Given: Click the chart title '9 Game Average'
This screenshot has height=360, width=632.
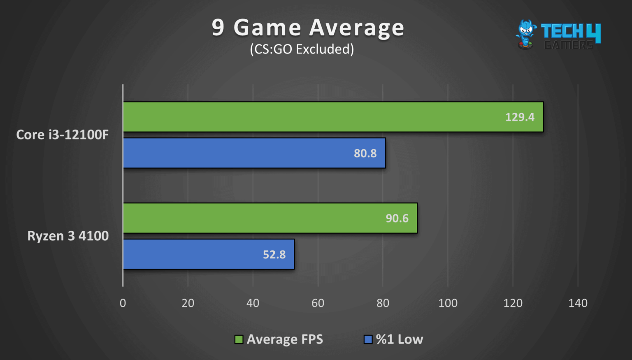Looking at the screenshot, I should [308, 28].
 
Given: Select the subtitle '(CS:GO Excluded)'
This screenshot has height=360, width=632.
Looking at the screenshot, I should [302, 49].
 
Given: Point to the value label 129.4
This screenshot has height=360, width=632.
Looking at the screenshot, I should [520, 117].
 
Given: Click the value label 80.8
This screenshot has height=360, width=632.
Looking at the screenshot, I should [365, 153].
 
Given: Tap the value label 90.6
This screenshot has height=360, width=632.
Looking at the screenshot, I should [397, 218].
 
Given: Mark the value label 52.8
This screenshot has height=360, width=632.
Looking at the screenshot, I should [274, 255].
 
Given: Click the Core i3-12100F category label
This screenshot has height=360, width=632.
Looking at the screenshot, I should [62, 135].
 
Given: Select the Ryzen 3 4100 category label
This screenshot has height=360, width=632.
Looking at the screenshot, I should [68, 236].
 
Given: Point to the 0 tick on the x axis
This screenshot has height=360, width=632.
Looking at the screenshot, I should [123, 303].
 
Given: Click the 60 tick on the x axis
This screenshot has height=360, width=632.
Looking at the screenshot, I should [318, 303].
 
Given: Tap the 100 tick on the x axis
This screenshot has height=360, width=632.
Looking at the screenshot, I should [448, 303].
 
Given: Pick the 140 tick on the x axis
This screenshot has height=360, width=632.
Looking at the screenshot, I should [578, 303].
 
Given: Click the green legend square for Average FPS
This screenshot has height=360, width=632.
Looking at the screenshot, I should [239, 339].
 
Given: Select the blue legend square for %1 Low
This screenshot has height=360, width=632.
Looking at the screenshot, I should [368, 339].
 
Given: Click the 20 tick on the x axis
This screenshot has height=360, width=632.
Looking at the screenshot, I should [188, 303].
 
